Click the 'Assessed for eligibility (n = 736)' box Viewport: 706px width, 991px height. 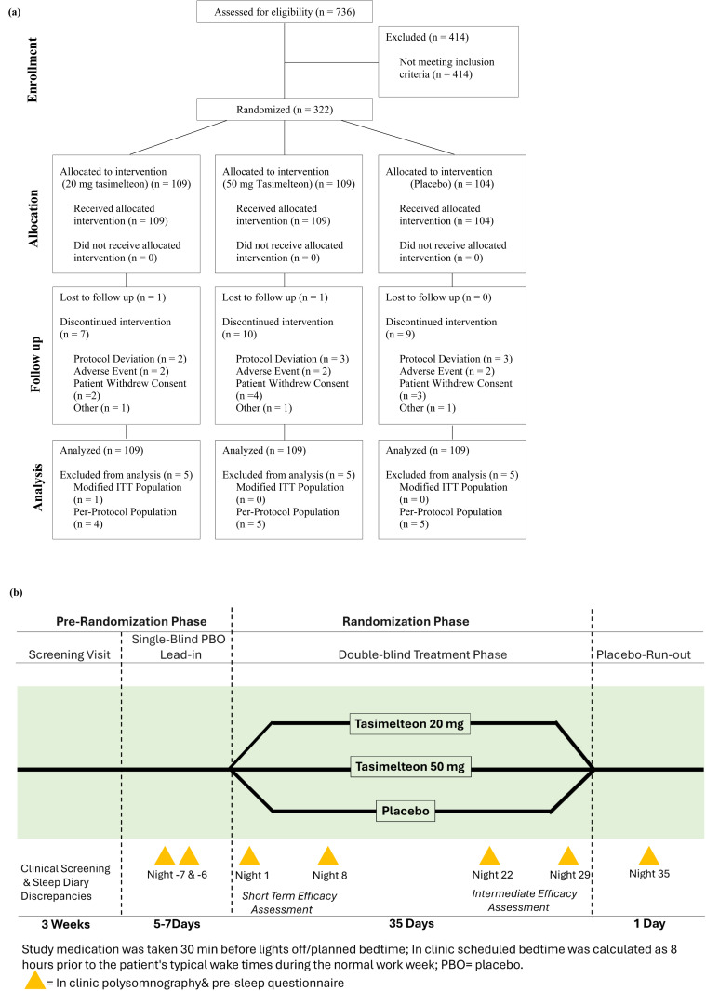tap(284, 12)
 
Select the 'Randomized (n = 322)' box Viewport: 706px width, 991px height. tap(284, 110)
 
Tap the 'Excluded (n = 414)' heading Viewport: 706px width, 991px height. tap(427, 37)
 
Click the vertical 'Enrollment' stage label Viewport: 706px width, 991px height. tap(33, 70)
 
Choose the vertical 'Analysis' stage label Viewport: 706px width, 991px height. tap(37, 486)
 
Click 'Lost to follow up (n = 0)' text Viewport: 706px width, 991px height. tap(438, 297)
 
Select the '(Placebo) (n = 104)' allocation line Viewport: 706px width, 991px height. tap(452, 184)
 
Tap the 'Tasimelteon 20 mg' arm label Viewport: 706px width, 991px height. tap(409, 723)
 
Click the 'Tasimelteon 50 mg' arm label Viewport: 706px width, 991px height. tap(410, 767)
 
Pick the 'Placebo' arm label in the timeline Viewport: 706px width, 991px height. tap(406, 811)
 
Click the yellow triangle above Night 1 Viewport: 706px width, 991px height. tap(249, 856)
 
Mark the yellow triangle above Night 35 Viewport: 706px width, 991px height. tap(649, 856)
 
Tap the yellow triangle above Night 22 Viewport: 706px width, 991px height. tap(489, 856)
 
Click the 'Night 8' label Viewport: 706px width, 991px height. tap(329, 876)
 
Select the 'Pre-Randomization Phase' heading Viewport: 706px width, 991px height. tap(131, 621)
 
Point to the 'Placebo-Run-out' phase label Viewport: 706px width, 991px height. tap(644, 654)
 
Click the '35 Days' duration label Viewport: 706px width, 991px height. tap(411, 923)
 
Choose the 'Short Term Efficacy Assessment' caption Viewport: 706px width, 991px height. tap(289, 903)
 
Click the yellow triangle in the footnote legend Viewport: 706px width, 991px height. tap(34, 980)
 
